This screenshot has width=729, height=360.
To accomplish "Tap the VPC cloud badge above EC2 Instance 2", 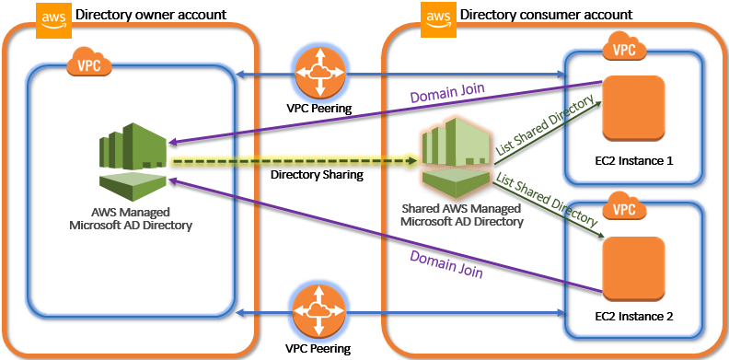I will click(623, 209).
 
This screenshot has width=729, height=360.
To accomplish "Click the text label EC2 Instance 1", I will click(634, 160).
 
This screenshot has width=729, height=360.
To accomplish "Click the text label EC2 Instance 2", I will click(634, 317).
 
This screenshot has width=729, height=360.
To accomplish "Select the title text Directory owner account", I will click(151, 15).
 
